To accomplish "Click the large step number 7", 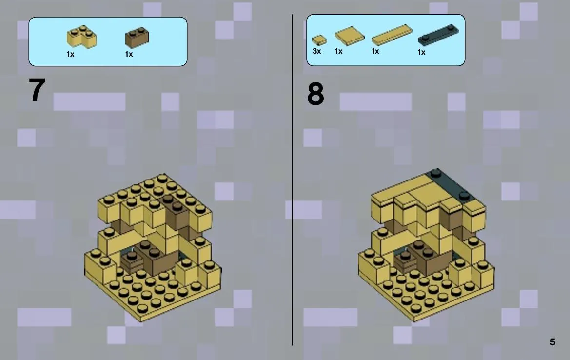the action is coord(37,90).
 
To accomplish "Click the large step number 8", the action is coord(315,94).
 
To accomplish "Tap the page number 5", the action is coord(552,342).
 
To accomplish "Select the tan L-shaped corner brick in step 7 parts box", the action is coord(82,37).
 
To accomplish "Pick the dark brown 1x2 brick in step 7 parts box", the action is coord(137,37).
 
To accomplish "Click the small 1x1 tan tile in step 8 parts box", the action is coord(319,40).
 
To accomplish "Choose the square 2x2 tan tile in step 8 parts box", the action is coord(349,36).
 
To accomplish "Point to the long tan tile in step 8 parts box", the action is coord(392,35).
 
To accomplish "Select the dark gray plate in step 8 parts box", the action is coord(438,36).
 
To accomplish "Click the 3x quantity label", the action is coord(316,51).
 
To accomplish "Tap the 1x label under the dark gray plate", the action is coord(421,52).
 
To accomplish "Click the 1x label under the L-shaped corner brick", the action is coord(70,54).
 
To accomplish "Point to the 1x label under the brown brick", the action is coord(129,54).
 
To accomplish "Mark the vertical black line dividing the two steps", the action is coord(292,180).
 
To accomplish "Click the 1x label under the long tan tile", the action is coord(375,51).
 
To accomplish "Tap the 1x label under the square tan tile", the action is coord(338,51).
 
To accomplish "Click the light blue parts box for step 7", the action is coord(108,41).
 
